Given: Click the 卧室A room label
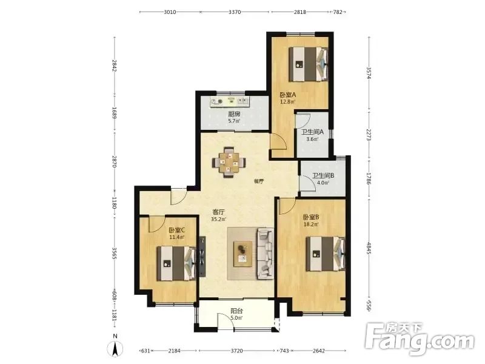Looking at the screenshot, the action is [x=287, y=95].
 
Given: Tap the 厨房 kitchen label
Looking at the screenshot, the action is [x=234, y=114].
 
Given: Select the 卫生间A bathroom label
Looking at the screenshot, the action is [x=312, y=132].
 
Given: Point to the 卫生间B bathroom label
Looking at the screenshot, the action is [x=323, y=176].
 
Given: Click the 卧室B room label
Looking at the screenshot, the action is [x=311, y=218].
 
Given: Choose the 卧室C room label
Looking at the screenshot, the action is [x=177, y=231].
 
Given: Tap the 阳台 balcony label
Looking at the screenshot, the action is [x=236, y=311].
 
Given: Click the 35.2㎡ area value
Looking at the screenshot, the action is [x=218, y=220].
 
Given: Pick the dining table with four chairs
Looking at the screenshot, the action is [x=229, y=162].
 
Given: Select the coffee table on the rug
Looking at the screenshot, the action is [x=243, y=254].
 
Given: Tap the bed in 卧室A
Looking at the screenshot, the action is [x=309, y=64].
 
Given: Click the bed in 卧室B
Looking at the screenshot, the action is [x=326, y=254].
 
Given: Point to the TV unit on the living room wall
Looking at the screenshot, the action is [x=202, y=257].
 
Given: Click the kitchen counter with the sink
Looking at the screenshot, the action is [x=230, y=101].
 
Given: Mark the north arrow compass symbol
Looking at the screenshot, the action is [x=115, y=348].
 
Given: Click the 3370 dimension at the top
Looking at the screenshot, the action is [x=235, y=12].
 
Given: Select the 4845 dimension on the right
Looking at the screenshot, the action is [x=369, y=248].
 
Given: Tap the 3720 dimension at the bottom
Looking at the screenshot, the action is [x=236, y=351].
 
